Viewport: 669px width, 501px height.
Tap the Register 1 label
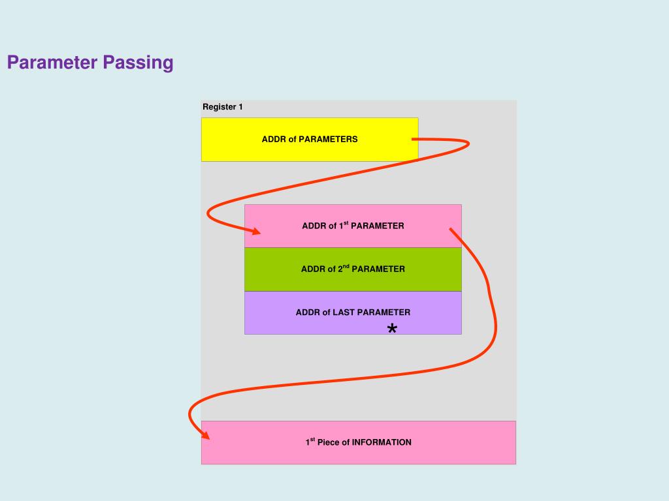222,107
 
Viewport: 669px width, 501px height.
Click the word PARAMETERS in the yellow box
328,139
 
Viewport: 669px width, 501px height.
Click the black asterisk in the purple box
392,329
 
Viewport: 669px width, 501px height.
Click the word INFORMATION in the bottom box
382,442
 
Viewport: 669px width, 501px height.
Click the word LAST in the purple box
344,312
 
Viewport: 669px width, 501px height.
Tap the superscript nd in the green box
346,266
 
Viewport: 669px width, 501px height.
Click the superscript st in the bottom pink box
312,440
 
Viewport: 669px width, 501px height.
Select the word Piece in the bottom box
328,442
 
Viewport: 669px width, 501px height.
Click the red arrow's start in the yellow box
414,139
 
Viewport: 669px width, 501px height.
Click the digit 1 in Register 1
240,107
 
